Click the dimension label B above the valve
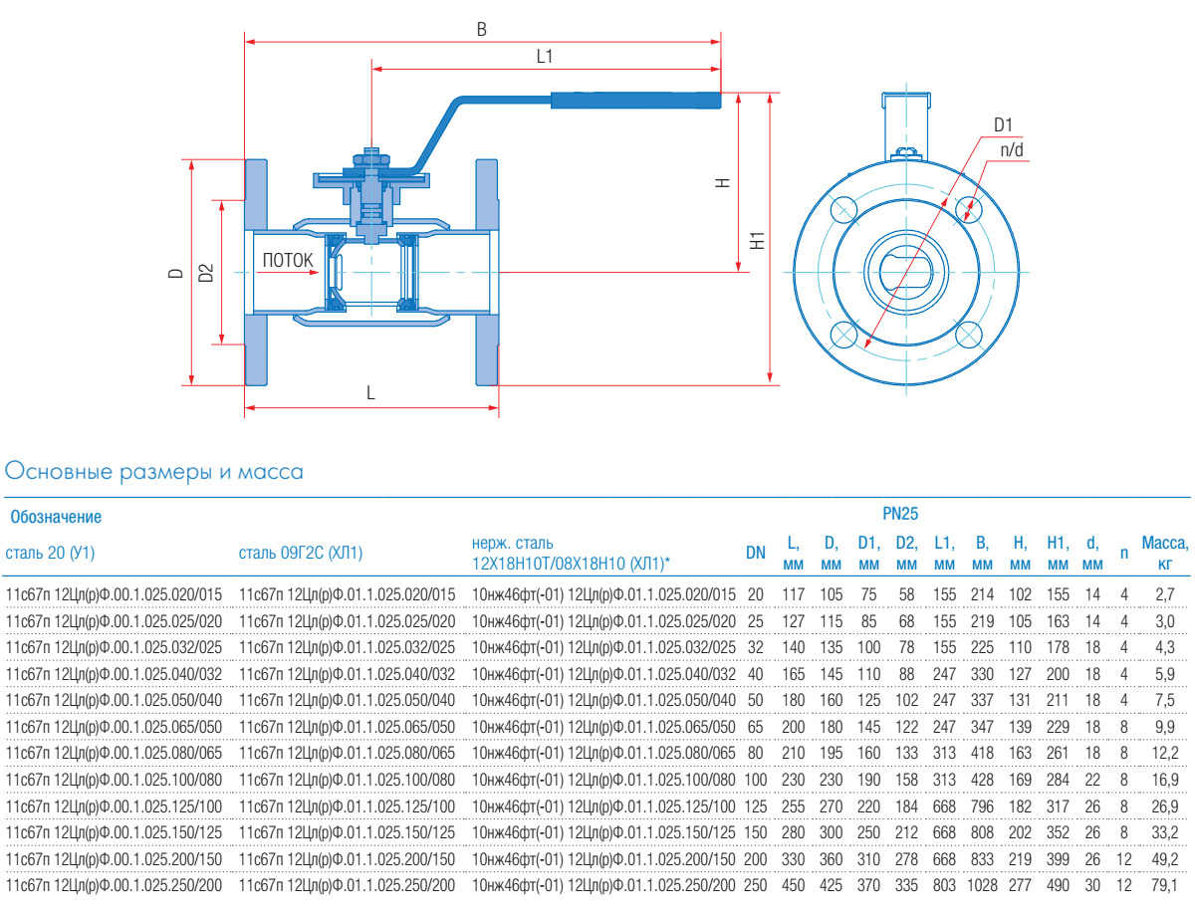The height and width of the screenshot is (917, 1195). click(482, 30)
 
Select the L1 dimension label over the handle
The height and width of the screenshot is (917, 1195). click(544, 57)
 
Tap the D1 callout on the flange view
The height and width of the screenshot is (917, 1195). click(1003, 125)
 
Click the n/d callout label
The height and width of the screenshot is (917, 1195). click(1012, 149)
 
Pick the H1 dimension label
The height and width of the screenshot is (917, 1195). click(758, 240)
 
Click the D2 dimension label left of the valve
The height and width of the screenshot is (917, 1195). click(206, 272)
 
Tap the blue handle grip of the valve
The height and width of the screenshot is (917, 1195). click(634, 100)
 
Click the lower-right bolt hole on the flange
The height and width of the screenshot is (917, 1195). click(968, 335)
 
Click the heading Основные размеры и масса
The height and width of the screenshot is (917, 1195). click(154, 471)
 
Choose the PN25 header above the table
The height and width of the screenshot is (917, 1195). click(900, 515)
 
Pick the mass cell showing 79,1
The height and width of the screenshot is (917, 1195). click(1165, 883)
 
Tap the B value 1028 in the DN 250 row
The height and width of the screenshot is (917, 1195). click(982, 883)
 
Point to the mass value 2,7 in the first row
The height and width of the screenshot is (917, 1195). click(1165, 595)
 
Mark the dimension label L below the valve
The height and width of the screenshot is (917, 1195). click(370, 393)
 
